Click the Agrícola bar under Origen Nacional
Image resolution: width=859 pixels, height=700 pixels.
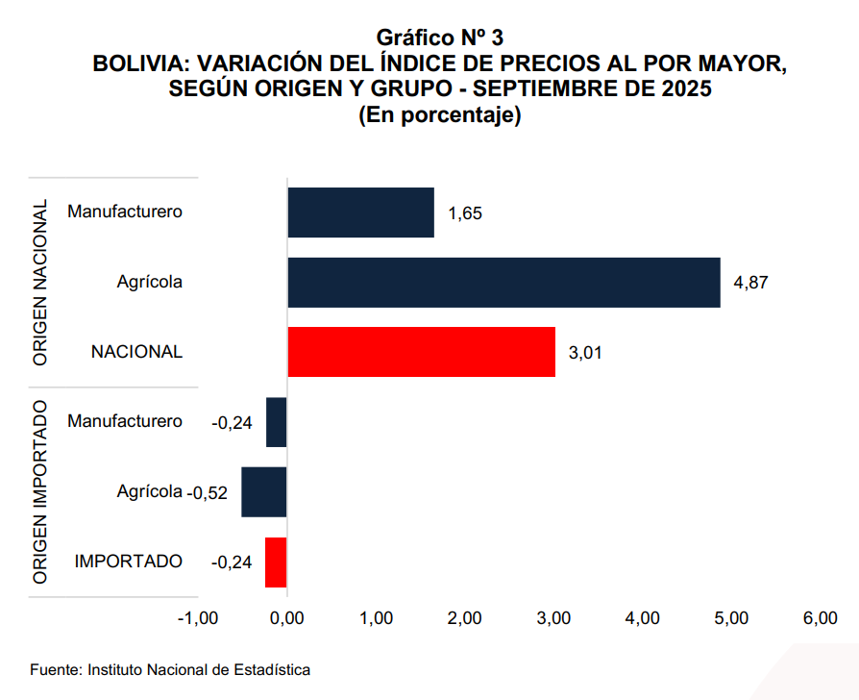(503, 283)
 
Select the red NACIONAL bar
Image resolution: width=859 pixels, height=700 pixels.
(421, 352)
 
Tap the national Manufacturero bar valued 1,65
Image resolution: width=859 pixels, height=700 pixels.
(360, 212)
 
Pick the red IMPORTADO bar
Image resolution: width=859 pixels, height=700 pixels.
(276, 562)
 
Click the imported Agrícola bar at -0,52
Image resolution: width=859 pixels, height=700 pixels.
(264, 492)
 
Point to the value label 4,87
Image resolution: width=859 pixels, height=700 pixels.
(751, 283)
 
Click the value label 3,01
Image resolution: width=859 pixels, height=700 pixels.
(586, 352)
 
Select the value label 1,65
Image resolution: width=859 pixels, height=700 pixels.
(465, 213)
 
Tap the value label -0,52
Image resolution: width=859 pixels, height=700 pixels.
(209, 492)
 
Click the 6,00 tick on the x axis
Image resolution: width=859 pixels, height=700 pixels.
(820, 618)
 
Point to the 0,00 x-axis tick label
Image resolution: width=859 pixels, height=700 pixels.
(287, 618)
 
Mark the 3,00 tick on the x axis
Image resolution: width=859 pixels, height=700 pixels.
(553, 618)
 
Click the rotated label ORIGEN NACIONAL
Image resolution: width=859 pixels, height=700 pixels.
(40, 283)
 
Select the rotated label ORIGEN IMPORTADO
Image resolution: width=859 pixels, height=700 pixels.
(40, 492)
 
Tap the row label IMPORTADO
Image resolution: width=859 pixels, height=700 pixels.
(129, 562)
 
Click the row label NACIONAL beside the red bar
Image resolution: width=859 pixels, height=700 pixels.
(136, 352)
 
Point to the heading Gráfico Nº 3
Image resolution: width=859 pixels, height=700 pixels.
(439, 38)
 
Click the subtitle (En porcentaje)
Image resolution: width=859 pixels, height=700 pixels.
(439, 115)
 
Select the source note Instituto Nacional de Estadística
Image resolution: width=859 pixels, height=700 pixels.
(171, 668)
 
